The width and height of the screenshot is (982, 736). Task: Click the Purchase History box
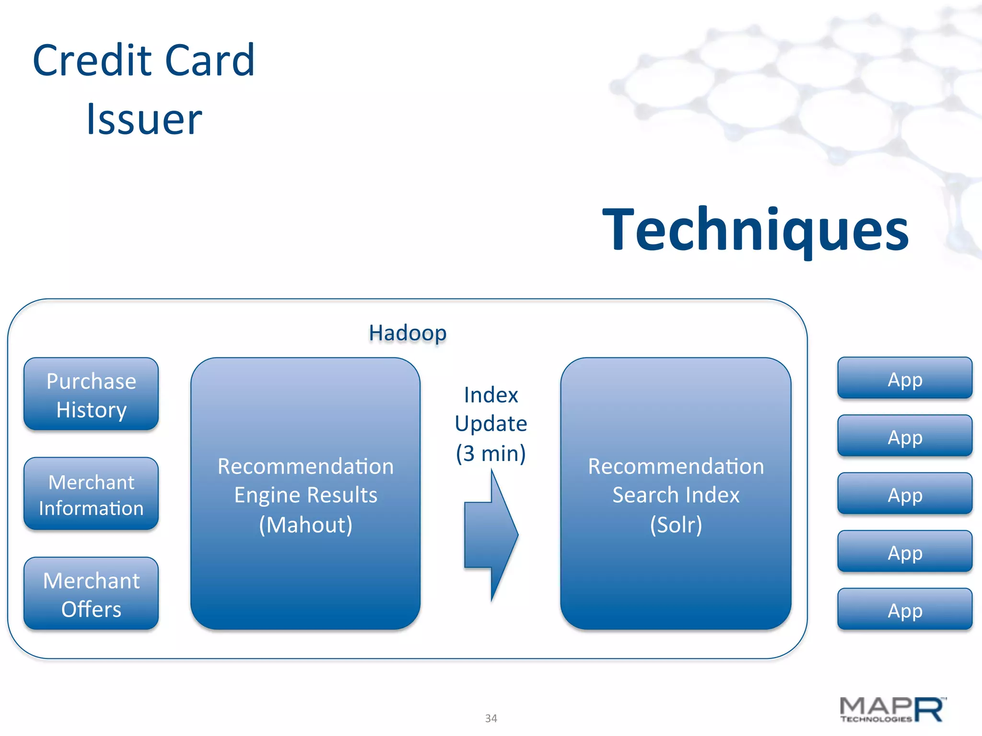(x=91, y=394)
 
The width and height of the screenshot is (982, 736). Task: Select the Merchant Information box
(x=91, y=494)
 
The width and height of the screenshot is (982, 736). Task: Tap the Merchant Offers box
(x=91, y=594)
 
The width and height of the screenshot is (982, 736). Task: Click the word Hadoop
(x=408, y=333)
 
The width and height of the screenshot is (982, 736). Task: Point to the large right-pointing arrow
(x=491, y=535)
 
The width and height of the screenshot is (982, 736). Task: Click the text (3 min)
(x=491, y=453)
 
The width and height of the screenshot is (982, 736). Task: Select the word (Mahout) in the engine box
(x=305, y=525)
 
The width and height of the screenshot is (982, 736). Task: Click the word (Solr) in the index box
(x=676, y=525)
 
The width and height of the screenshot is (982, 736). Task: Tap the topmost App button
(x=905, y=379)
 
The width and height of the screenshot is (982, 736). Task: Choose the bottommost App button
(x=905, y=609)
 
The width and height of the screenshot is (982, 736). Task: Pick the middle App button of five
(x=905, y=494)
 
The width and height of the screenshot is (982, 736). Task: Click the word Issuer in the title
(x=144, y=119)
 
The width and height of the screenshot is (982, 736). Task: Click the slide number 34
(x=491, y=718)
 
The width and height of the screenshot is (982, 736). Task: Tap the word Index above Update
(x=491, y=395)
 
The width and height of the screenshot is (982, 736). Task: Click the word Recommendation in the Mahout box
(x=305, y=466)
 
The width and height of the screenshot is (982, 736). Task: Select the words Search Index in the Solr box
(x=676, y=495)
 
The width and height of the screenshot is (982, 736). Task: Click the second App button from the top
(x=905, y=436)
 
